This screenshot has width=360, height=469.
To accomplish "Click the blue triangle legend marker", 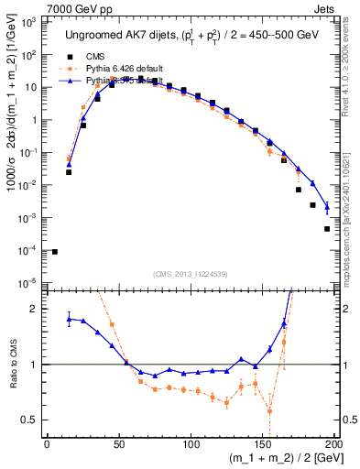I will coord(70,80).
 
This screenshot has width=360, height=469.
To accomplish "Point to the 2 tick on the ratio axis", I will coord(37,309).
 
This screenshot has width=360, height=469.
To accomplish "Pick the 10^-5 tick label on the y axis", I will coord(30,282).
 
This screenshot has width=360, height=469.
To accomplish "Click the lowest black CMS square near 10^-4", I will coord(54,252).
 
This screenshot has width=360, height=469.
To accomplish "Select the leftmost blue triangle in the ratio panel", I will coord(69,318).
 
